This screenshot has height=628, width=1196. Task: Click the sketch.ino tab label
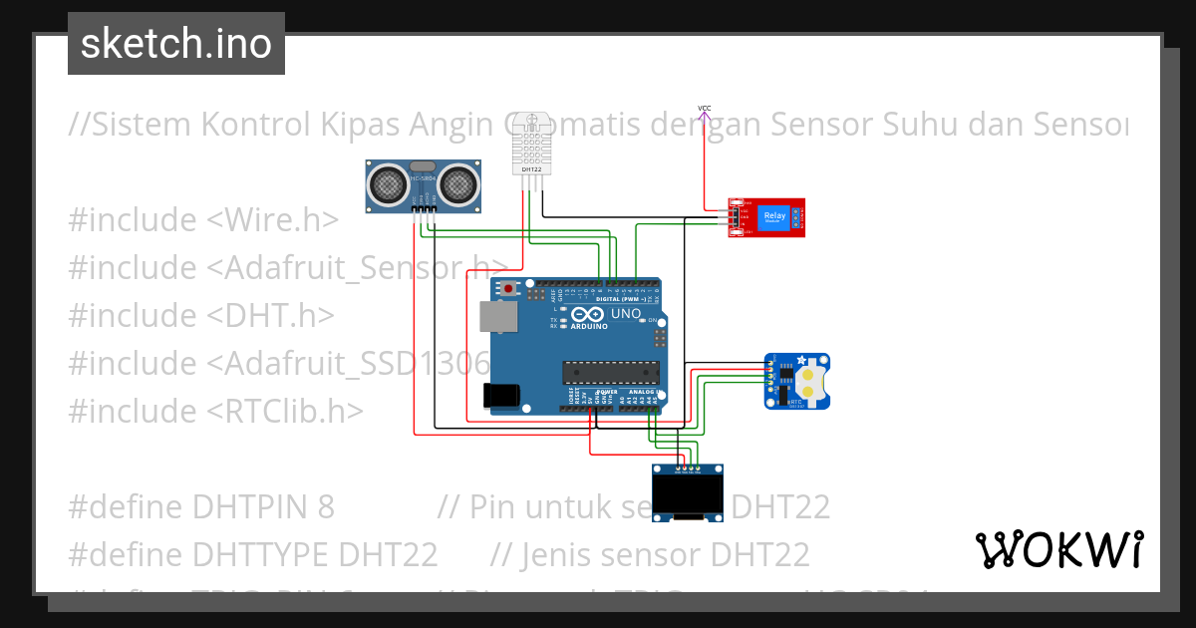pyautogui.click(x=176, y=44)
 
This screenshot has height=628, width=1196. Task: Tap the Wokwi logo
pyautogui.click(x=1058, y=549)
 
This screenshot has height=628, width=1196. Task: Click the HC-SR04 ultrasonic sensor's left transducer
pyautogui.click(x=388, y=182)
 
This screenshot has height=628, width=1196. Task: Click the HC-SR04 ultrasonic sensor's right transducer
pyautogui.click(x=456, y=182)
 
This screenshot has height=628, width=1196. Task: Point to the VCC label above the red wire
pyautogui.click(x=704, y=108)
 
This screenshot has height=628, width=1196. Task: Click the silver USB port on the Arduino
pyautogui.click(x=497, y=317)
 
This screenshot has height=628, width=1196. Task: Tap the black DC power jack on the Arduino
pyautogui.click(x=500, y=396)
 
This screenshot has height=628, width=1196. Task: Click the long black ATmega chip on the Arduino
pyautogui.click(x=611, y=372)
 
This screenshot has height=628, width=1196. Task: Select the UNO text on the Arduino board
pyautogui.click(x=626, y=314)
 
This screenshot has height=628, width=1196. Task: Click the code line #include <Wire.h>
pyautogui.click(x=203, y=219)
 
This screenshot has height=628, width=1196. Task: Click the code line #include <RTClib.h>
pyautogui.click(x=216, y=411)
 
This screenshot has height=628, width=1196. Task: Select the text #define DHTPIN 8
pyautogui.click(x=201, y=506)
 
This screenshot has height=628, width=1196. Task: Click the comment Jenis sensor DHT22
pyautogui.click(x=650, y=554)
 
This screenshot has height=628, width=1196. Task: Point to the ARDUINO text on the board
pyautogui.click(x=590, y=326)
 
